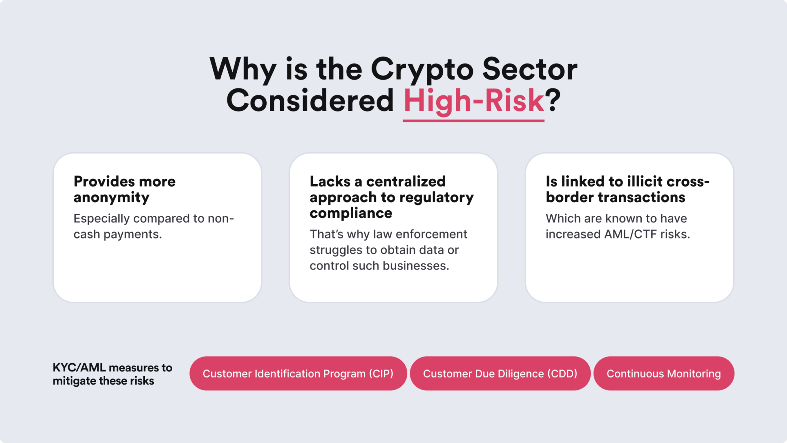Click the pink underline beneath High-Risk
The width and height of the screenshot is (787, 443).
(x=473, y=121)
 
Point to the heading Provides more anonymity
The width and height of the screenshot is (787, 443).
(x=125, y=189)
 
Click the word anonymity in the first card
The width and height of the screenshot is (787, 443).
(x=111, y=198)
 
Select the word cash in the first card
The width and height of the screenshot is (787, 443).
(x=86, y=234)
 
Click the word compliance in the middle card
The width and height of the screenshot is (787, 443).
(x=351, y=213)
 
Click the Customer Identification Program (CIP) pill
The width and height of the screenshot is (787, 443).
(x=298, y=373)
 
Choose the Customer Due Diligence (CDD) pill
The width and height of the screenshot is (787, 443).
(x=500, y=373)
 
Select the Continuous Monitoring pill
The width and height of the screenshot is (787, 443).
(x=664, y=373)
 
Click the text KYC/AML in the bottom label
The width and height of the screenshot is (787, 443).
(x=79, y=368)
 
